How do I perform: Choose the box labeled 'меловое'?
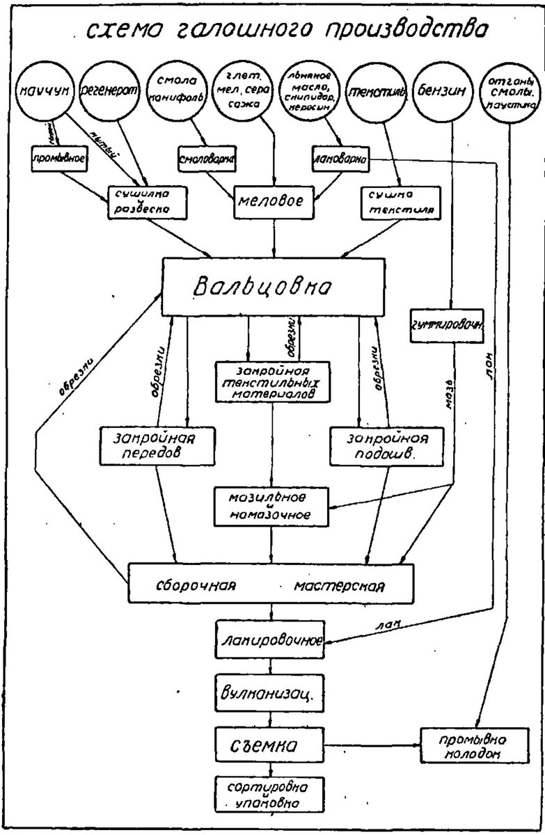[x=274, y=202]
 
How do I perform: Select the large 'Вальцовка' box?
[x=274, y=286]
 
